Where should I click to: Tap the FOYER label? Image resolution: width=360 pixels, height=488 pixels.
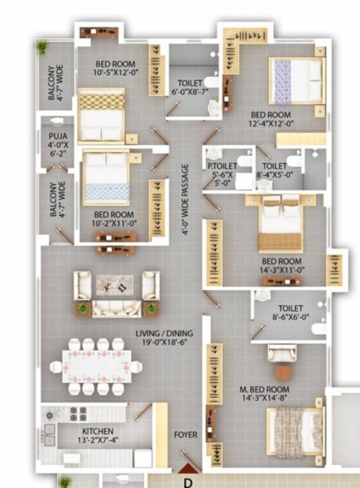185,435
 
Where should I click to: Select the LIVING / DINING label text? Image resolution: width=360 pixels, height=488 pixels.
164,333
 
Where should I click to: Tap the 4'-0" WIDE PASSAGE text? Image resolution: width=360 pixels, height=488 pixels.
185,200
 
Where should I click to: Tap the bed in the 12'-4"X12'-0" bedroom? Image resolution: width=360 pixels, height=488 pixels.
295,80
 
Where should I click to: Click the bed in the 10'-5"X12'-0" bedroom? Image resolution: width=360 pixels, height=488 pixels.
101,115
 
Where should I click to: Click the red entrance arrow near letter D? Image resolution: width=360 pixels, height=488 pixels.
187,469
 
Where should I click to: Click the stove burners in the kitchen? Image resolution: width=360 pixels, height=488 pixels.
78,414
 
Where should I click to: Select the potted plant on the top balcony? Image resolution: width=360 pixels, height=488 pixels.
43,48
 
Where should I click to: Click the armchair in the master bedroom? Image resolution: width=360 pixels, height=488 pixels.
281,355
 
